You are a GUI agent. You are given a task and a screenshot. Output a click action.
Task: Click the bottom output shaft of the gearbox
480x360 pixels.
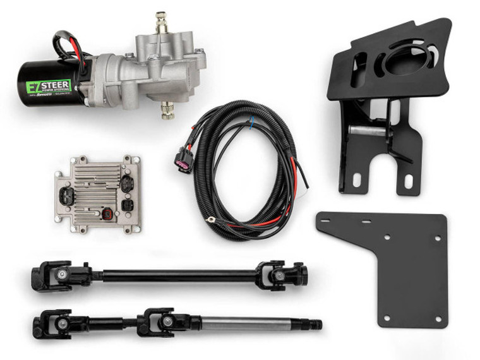pyautogui.click(x=167, y=111)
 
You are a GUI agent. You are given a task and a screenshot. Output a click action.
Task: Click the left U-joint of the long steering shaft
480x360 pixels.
pyautogui.click(x=59, y=275)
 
